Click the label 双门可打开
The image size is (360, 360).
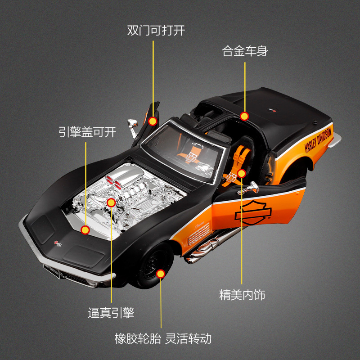pos(156,31)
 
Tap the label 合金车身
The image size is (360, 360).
pos(245,51)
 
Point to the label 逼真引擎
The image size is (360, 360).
pos(111,313)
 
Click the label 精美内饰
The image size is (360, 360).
pos(242,295)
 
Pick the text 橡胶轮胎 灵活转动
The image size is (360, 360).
pos(163,338)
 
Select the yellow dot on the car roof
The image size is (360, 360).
pos(244,116)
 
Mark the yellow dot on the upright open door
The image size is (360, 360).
pos(153,121)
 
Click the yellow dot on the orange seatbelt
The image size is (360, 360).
pos(242,173)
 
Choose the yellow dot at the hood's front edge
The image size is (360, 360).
pos(85,230)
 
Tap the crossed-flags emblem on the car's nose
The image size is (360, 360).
pos(57,243)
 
